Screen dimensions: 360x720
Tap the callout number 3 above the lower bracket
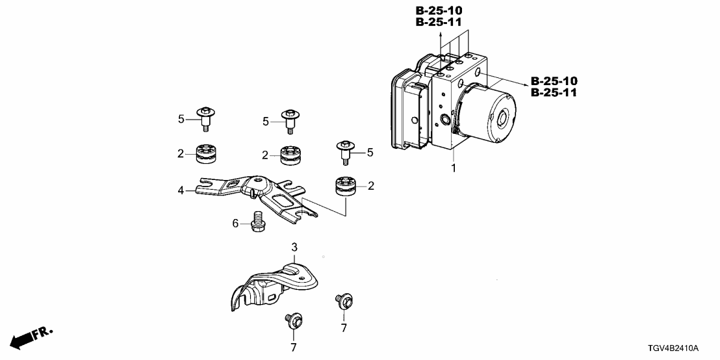[294, 248]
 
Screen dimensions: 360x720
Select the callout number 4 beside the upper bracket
[182, 190]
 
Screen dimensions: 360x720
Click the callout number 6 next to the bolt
[236, 223]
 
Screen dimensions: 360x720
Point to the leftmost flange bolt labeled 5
[205, 120]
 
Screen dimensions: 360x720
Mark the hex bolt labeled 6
[255, 221]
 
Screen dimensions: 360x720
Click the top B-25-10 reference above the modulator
[439, 10]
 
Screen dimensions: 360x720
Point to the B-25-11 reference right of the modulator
[554, 92]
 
